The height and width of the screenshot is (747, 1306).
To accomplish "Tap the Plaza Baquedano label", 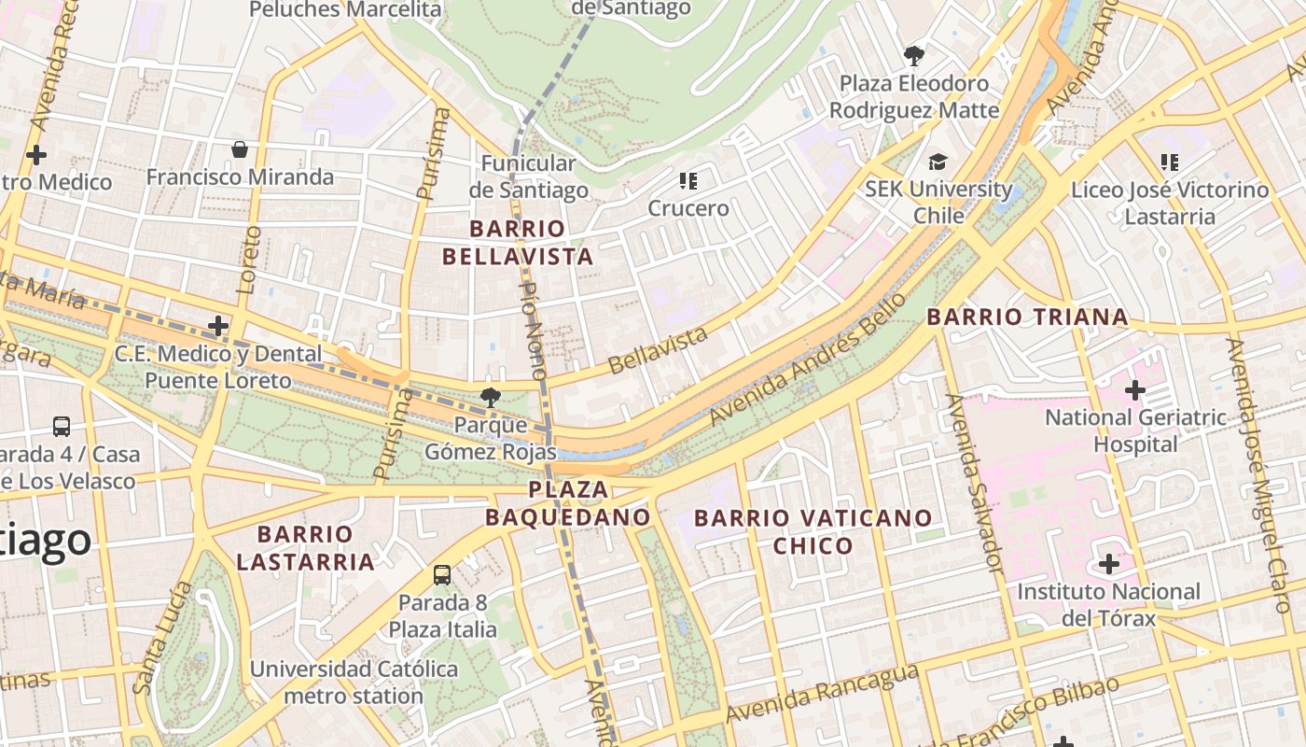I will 568,503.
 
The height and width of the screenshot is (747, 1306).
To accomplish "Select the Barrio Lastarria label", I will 305,548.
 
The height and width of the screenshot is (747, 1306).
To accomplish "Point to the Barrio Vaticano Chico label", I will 813,531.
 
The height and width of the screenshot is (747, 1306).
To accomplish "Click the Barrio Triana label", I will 1027,317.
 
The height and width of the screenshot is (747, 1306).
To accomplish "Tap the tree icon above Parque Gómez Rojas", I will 490,398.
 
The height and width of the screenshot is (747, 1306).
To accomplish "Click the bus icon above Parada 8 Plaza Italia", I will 442,575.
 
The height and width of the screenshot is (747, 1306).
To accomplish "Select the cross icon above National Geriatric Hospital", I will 1135,390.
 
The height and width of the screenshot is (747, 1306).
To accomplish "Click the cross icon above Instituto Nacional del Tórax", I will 1108,564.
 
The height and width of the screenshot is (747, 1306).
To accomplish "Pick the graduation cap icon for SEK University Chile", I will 938,162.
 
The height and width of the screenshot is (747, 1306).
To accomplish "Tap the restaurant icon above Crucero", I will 688,181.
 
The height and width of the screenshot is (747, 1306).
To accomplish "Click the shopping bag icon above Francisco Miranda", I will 240,149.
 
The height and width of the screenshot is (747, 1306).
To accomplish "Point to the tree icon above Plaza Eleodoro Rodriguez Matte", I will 914,56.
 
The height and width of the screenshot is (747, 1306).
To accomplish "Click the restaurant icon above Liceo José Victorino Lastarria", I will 1169,162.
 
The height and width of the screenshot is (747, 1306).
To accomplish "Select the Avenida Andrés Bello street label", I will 808,359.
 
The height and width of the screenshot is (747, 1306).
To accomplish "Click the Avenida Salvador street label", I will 974,483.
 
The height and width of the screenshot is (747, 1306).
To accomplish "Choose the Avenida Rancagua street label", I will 822,693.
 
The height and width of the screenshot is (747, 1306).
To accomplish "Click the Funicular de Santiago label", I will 529,176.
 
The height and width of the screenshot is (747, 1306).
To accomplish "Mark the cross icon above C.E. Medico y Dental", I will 218,326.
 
